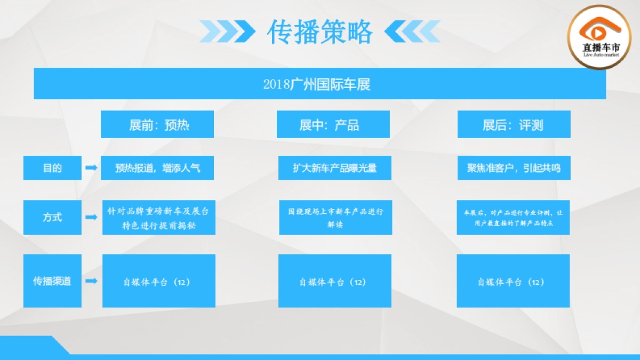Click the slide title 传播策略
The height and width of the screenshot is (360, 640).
click(319, 32)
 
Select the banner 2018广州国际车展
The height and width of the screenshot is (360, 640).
click(319, 84)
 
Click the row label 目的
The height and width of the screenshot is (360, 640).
click(52, 168)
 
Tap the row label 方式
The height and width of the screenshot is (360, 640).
click(52, 217)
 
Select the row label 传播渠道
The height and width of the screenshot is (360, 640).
click(52, 281)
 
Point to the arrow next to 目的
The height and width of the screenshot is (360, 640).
click(91, 168)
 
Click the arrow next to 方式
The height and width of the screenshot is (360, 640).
click(91, 217)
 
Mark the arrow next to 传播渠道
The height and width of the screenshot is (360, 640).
click(91, 281)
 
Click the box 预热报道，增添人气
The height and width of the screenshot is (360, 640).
click(157, 168)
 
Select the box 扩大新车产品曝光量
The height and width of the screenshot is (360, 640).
click(335, 168)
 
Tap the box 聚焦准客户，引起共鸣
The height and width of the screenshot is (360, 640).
click(514, 168)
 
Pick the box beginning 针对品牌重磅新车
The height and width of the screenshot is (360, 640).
click(158, 218)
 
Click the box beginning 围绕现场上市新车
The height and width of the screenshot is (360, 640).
click(335, 218)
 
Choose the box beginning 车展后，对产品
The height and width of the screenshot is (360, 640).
click(513, 218)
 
